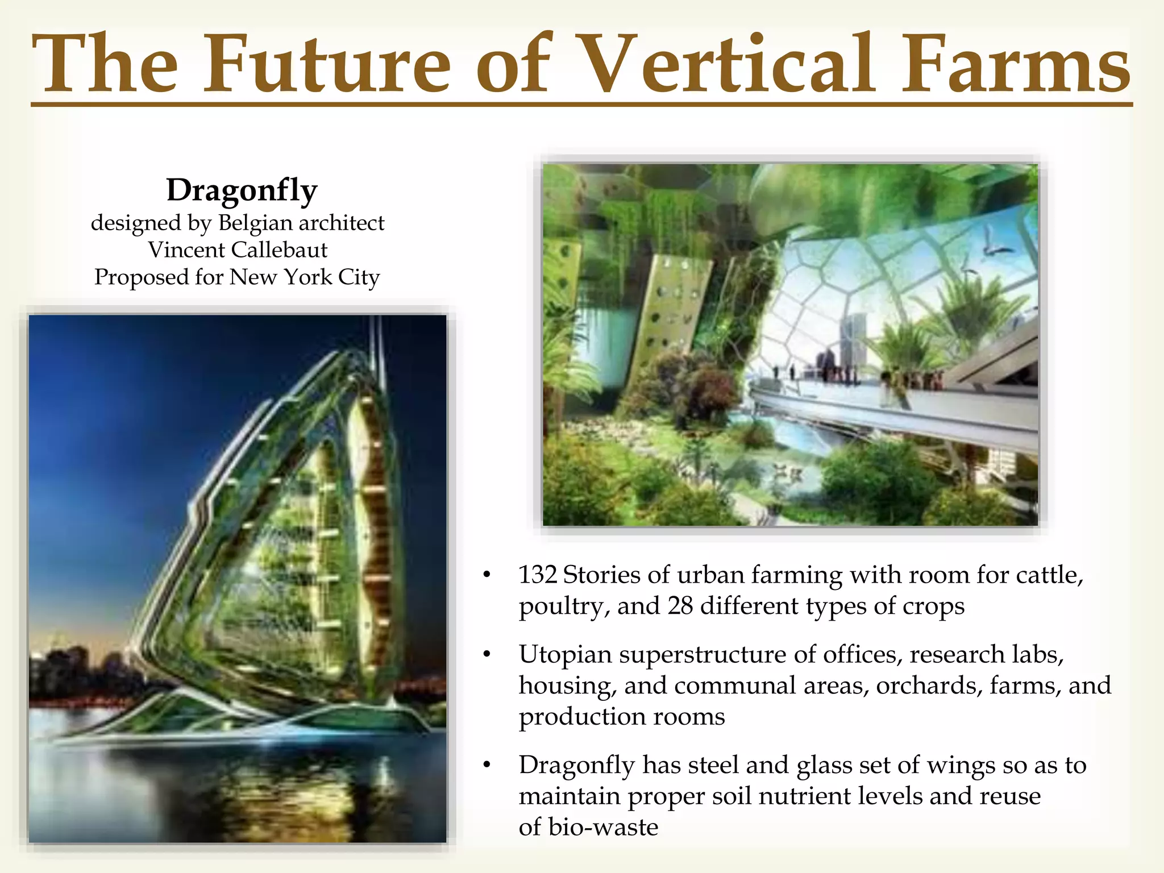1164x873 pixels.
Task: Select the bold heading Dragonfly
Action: click(x=242, y=190)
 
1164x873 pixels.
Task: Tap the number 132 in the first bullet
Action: click(x=537, y=575)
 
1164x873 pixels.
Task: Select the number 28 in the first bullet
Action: click(x=680, y=606)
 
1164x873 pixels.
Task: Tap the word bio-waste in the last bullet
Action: click(x=603, y=827)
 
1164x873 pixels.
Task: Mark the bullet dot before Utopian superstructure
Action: click(x=486, y=655)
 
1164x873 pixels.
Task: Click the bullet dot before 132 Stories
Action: click(x=486, y=576)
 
